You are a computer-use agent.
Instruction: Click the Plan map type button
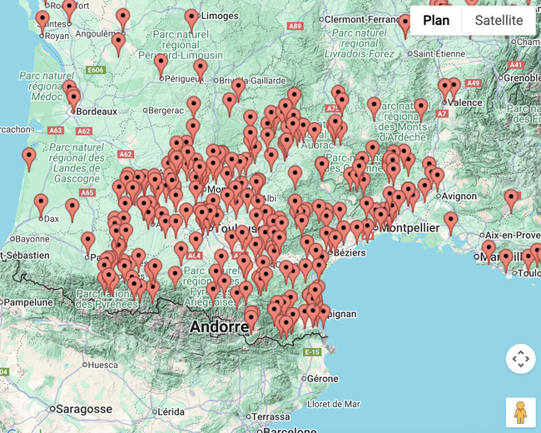pyautogui.click(x=435, y=21)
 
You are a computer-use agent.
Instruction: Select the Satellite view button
pyautogui.click(x=499, y=21)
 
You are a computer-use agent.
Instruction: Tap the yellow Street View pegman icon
pyautogui.click(x=520, y=412)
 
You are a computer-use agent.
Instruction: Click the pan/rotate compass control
pyautogui.click(x=520, y=359)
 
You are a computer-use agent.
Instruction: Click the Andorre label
pyautogui.click(x=219, y=326)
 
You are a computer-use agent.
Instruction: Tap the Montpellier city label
pyautogui.click(x=411, y=226)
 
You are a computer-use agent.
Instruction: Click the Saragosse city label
pyautogui.click(x=83, y=409)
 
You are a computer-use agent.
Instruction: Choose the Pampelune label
pyautogui.click(x=27, y=302)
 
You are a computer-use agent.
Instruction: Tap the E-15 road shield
pyautogui.click(x=312, y=352)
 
